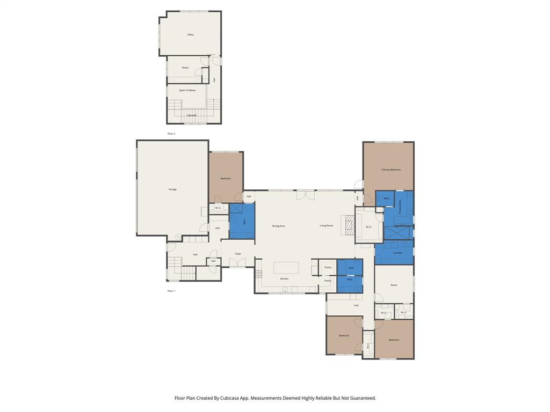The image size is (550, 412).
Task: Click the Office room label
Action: tap(191, 35)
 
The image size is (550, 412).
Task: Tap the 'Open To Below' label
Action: tap(187, 90)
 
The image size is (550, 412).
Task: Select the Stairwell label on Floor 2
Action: tap(191, 115)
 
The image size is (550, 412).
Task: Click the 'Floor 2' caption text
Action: tap(171, 134)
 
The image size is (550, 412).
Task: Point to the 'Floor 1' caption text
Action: tap(171, 291)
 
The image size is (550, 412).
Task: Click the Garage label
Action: tap(172, 189)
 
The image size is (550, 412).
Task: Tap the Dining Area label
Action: tap(278, 226)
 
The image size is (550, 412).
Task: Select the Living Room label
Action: tap(326, 226)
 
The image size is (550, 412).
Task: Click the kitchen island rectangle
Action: tap(286, 268)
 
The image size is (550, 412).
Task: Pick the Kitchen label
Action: tap(284, 278)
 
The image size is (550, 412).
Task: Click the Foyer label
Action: tap(238, 254)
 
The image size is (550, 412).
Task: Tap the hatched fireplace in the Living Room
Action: tap(350, 225)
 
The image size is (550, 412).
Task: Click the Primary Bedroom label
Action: tap(391, 170)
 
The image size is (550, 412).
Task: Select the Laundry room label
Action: tap(397, 253)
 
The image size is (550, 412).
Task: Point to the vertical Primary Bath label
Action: tap(400, 207)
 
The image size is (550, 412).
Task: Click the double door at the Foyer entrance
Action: tap(237, 263)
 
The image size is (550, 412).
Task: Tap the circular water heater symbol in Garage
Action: tap(178, 236)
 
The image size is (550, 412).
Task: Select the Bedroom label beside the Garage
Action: tap(226, 179)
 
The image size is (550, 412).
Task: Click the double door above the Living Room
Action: tap(305, 194)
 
